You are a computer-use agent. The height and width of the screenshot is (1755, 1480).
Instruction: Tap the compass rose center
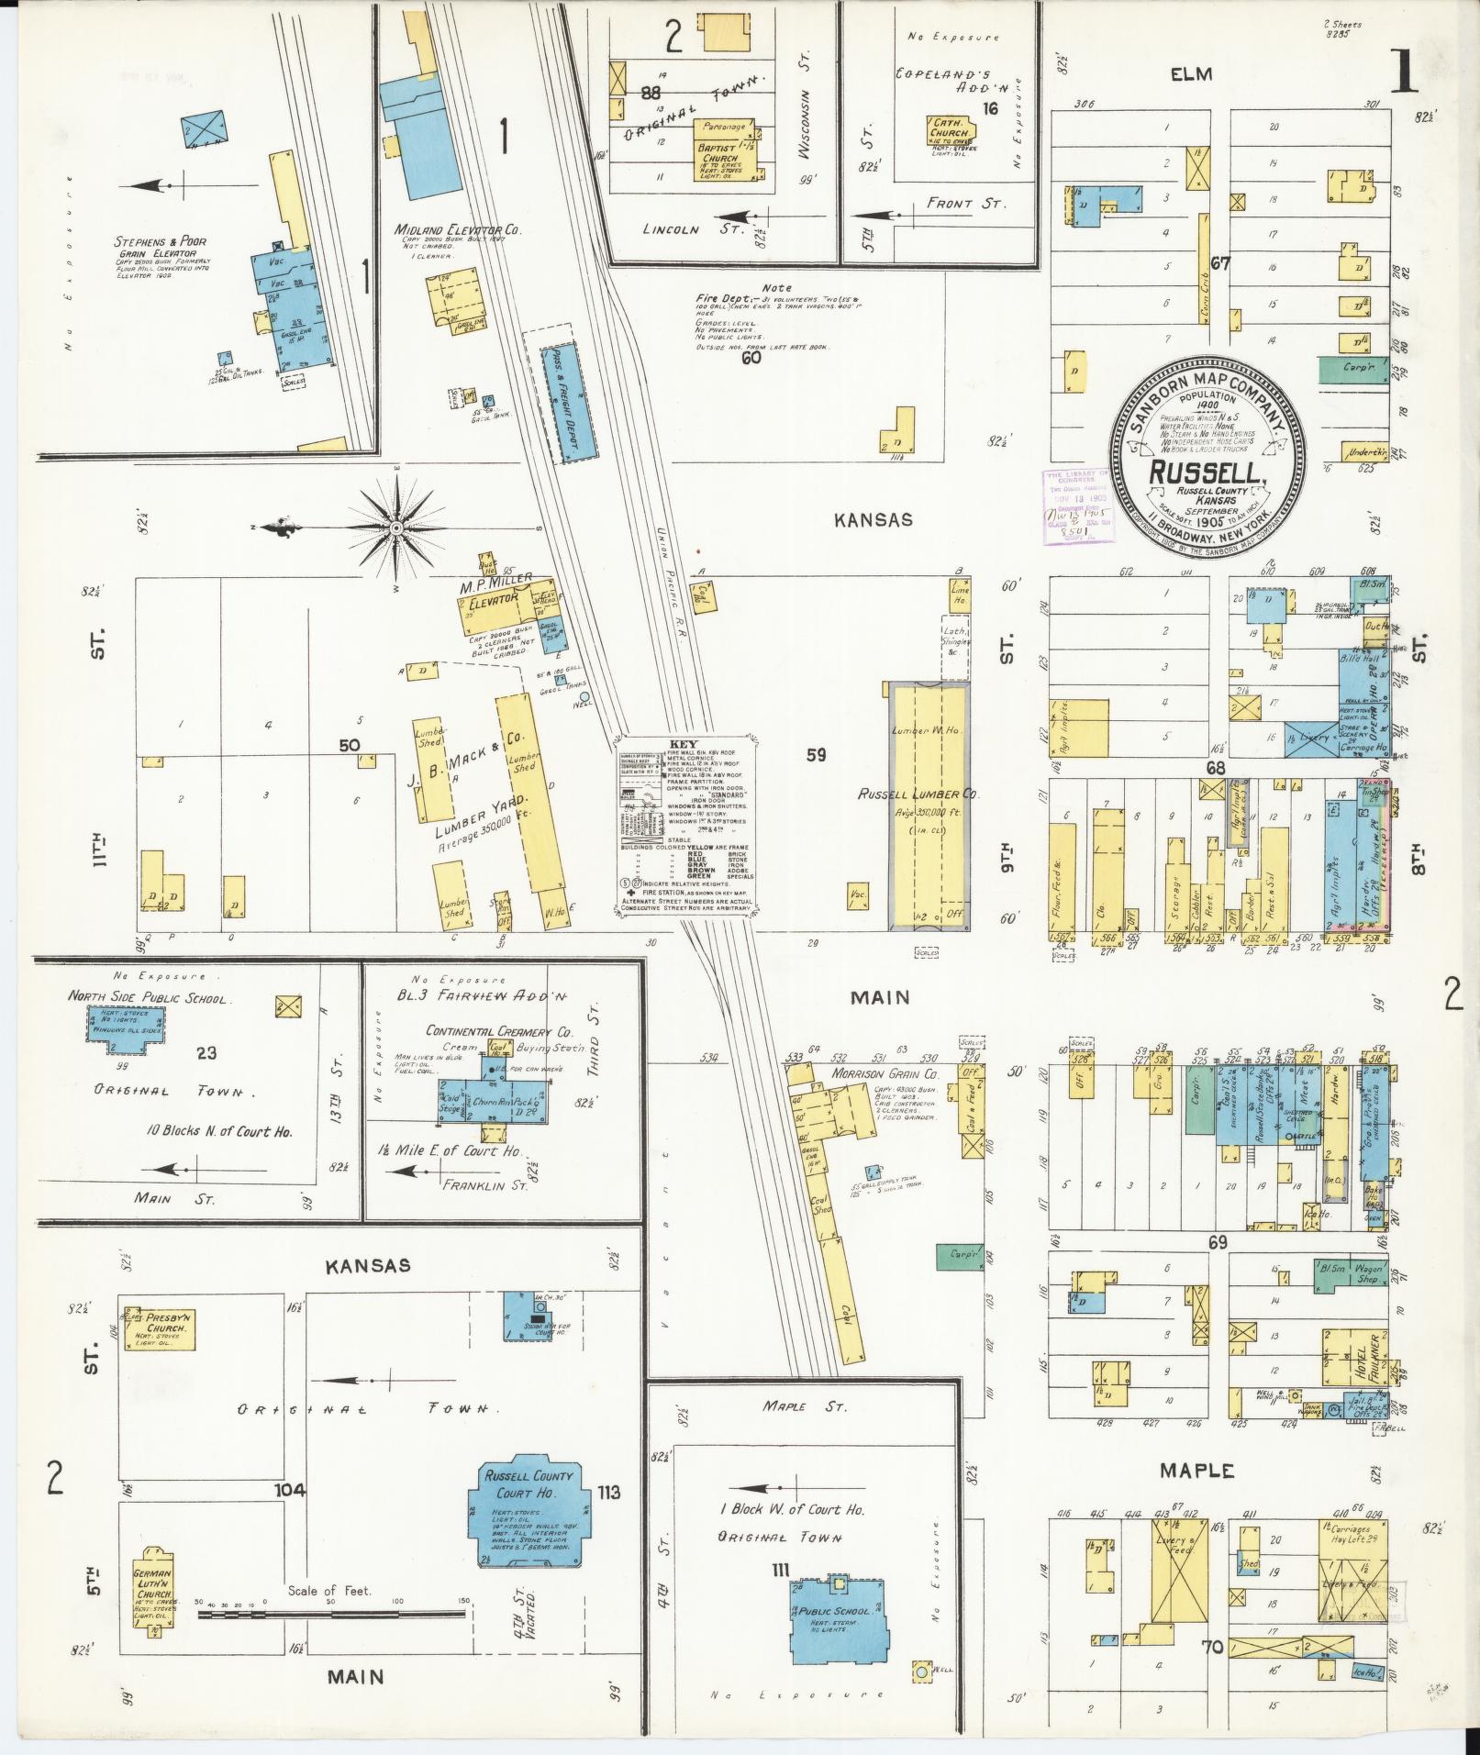point(396,528)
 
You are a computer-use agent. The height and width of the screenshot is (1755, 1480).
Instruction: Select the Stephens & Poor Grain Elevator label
point(161,248)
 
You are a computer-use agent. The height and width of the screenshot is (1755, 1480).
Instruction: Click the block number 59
point(817,755)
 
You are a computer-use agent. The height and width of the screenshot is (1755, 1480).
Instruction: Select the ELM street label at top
point(1190,74)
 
